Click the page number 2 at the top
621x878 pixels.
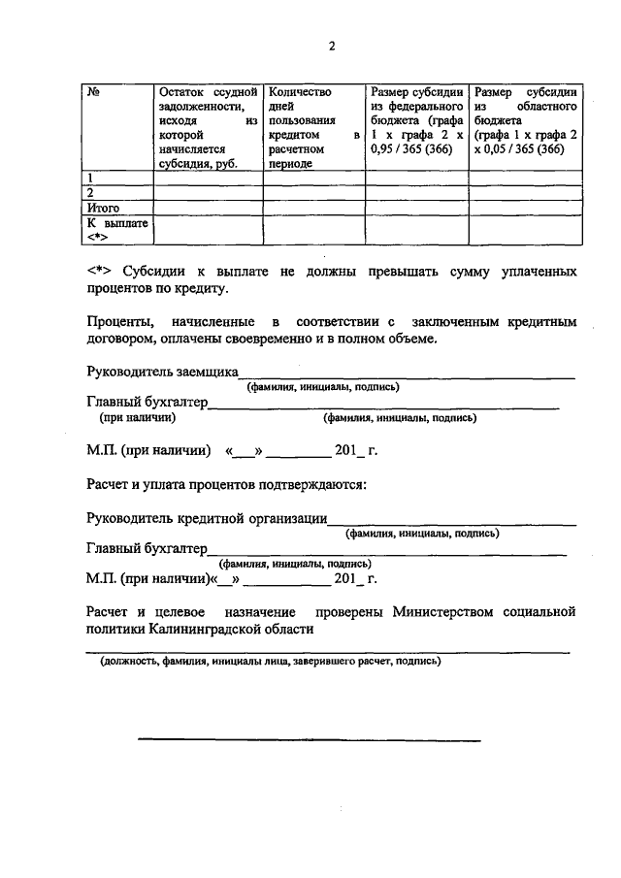pyautogui.click(x=331, y=46)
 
